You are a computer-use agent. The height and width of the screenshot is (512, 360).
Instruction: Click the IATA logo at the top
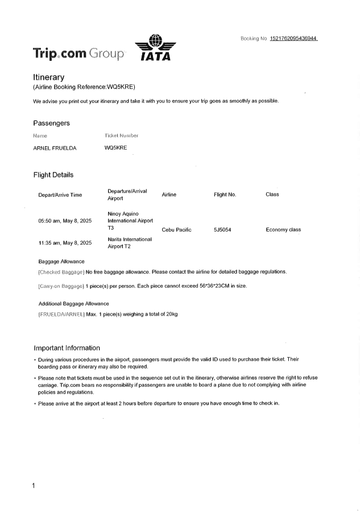tap(155, 49)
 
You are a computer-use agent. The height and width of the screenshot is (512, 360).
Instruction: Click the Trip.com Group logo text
tap(78, 53)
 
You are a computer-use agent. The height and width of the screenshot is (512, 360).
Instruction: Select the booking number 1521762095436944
tap(293, 38)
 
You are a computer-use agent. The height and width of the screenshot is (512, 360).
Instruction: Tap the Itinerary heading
tap(49, 77)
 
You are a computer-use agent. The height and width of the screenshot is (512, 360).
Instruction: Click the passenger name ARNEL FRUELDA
tap(55, 148)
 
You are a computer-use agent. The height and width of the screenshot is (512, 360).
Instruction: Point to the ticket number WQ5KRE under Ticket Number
tap(115, 148)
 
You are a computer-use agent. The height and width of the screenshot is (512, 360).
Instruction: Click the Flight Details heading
tap(53, 175)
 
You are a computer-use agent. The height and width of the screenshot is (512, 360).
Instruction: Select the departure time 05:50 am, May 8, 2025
tap(65, 221)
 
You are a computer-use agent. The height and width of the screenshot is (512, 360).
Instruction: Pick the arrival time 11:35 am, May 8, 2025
tap(65, 243)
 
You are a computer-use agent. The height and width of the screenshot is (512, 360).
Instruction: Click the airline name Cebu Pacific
tap(177, 230)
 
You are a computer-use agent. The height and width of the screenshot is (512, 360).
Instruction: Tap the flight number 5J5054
tap(222, 230)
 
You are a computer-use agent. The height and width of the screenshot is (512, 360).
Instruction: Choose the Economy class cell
tap(283, 230)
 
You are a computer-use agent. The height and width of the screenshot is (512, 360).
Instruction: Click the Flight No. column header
tap(225, 195)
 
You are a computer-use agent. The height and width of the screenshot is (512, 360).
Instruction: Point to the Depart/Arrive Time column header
tap(60, 195)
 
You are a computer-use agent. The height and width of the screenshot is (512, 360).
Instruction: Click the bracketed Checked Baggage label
tap(61, 272)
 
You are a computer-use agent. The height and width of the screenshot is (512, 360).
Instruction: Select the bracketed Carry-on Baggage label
tap(61, 286)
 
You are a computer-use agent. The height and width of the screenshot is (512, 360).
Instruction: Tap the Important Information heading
tap(67, 348)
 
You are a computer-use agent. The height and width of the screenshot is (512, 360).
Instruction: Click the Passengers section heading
tap(52, 123)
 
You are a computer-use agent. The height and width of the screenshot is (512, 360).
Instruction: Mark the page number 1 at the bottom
tap(34, 485)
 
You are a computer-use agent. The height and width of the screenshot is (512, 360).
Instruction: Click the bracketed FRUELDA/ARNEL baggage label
tap(61, 314)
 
